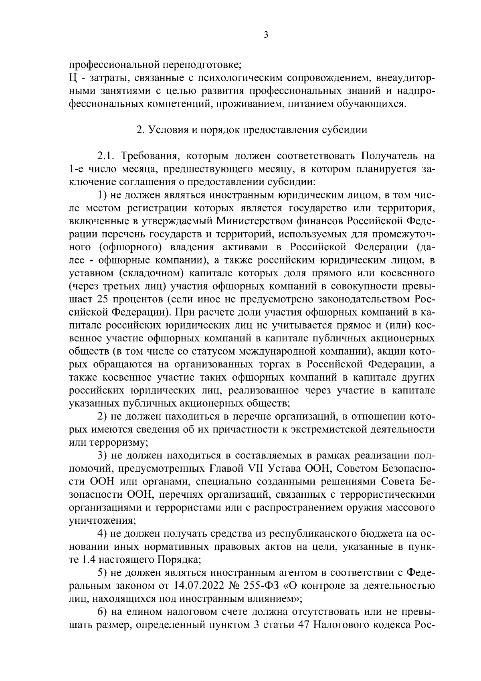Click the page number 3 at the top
[266, 35]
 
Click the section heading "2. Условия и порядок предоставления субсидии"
[252, 130]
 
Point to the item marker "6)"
[103, 612]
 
